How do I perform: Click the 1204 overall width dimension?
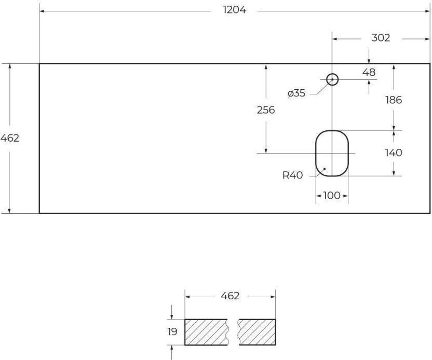[234, 10]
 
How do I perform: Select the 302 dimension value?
[381, 38]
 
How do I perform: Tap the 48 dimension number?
[369, 73]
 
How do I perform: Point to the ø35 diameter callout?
[296, 93]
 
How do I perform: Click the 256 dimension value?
[266, 110]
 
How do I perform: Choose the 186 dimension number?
[394, 100]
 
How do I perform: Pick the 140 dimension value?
[394, 153]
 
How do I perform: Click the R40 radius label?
[293, 175]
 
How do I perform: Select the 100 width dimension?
[332, 196]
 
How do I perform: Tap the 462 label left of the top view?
[10, 138]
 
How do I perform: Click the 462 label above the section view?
[230, 296]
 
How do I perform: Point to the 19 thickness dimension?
[172, 332]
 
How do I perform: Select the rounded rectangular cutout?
[316, 153]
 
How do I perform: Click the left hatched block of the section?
[206, 332]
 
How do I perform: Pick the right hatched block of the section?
[257, 332]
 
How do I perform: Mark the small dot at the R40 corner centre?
[325, 169]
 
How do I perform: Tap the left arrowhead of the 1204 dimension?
[42, 11]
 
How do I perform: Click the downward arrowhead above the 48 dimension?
[369, 61]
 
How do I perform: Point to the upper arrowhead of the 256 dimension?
[266, 66]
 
